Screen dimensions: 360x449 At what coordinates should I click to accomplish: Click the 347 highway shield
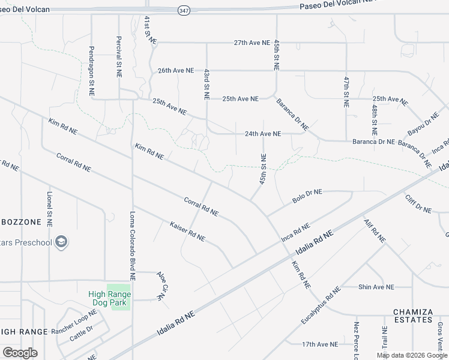point(184,11)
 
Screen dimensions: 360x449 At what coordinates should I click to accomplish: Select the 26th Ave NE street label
point(176,70)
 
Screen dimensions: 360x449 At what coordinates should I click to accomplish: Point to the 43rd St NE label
point(206,83)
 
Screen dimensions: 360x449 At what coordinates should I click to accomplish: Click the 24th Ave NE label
point(263,134)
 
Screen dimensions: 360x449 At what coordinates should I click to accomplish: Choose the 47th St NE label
point(346,91)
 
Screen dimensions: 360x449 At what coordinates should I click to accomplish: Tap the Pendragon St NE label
point(92,71)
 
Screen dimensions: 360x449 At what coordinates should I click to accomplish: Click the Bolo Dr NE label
point(307,196)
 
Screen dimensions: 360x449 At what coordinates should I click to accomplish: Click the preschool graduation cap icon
point(61,242)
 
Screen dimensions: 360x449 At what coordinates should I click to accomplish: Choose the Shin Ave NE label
point(376,287)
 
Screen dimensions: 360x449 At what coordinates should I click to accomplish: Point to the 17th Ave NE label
point(319,344)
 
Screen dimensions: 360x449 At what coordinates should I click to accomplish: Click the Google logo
point(20,353)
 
